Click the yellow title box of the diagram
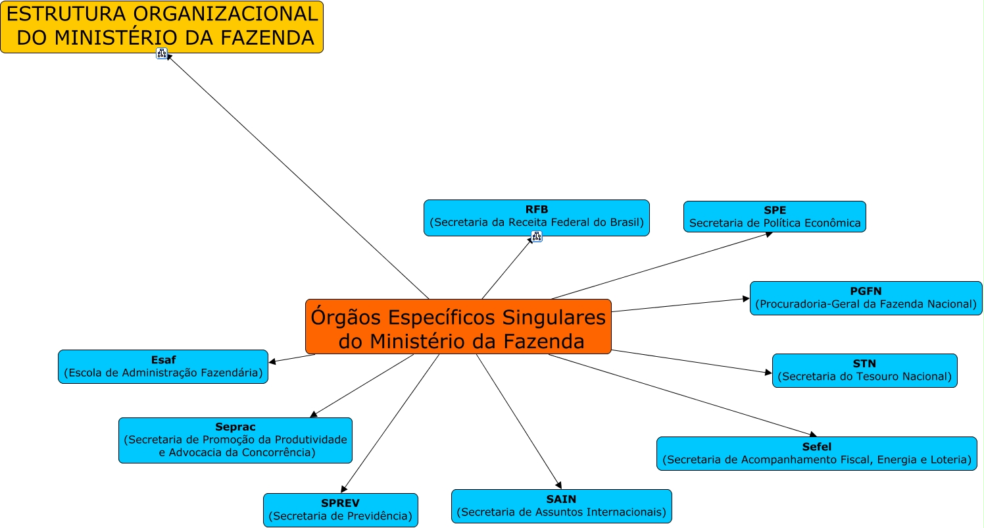tap(162, 26)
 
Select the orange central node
tap(458, 327)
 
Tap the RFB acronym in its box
tap(537, 210)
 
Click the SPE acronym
tap(775, 211)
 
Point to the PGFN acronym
tap(866, 291)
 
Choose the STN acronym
tap(864, 363)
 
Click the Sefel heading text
tap(816, 447)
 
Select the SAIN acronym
tap(561, 499)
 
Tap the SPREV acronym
tap(340, 504)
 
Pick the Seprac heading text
tap(235, 427)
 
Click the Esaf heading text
tap(162, 360)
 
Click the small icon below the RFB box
tap(537, 237)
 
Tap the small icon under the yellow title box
tap(162, 53)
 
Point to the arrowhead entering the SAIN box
tap(558, 485)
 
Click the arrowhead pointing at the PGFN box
tap(746, 299)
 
